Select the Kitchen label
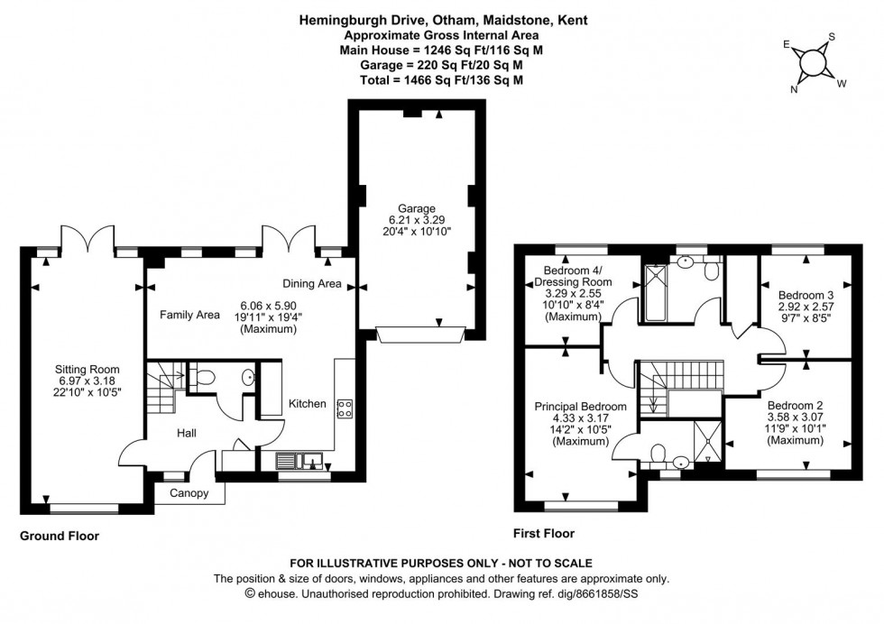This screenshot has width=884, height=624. (307, 403)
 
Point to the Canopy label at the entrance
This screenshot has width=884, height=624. (189, 493)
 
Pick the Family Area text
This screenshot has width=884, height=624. (190, 315)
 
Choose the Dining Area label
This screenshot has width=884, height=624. (310, 284)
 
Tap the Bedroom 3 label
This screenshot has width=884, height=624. (805, 293)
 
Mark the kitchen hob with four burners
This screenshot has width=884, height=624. (343, 408)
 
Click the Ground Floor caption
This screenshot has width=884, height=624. (60, 536)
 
